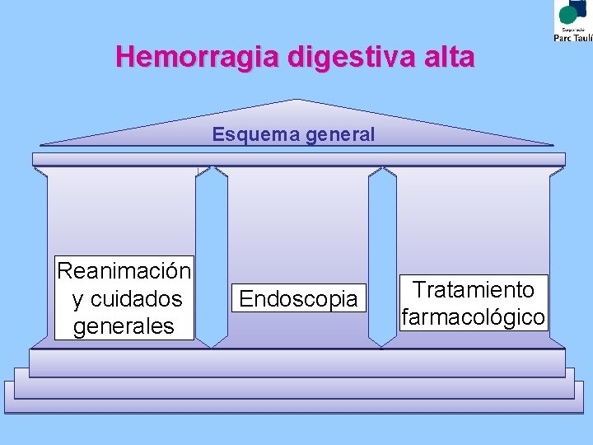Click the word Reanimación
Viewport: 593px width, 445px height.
click(124, 270)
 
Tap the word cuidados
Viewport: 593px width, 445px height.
click(136, 298)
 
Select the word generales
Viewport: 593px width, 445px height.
click(124, 326)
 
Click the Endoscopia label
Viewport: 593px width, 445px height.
click(298, 298)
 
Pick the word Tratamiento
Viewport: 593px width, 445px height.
click(474, 289)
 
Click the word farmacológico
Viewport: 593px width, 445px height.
click(474, 316)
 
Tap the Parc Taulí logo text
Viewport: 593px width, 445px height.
click(572, 36)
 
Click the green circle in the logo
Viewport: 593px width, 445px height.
click(568, 13)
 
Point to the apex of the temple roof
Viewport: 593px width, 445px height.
click(297, 101)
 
